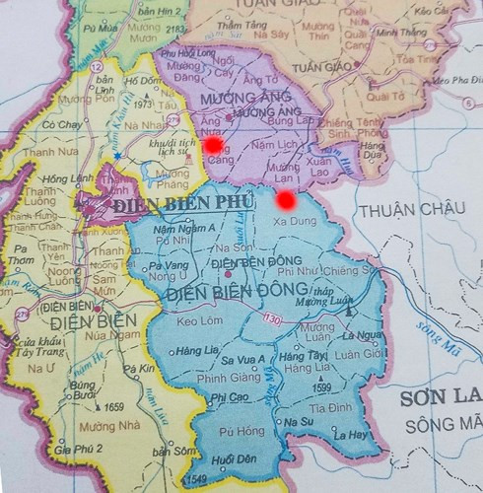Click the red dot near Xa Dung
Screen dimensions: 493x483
(286, 200)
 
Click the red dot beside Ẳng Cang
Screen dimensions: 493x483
(212, 145)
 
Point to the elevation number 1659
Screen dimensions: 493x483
(113, 406)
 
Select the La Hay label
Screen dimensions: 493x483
(350, 434)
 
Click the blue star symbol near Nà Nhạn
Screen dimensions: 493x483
(116, 156)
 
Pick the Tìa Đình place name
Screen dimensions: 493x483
(329, 407)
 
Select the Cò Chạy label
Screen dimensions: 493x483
(61, 125)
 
